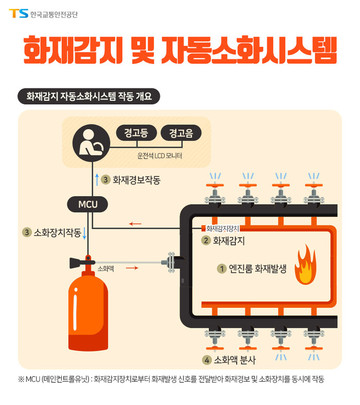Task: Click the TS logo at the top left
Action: coord(19,13)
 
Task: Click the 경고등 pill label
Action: coord(136,133)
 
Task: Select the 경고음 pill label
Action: coord(180,133)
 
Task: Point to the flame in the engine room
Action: coord(305,265)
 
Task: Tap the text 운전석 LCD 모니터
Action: coord(159,155)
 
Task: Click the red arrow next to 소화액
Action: coord(132,268)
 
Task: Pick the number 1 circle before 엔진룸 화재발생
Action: coord(222,268)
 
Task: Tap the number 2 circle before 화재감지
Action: coord(206,240)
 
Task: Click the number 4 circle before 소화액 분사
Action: coord(207,360)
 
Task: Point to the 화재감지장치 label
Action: coord(220,228)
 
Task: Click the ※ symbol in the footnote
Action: coord(21,380)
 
